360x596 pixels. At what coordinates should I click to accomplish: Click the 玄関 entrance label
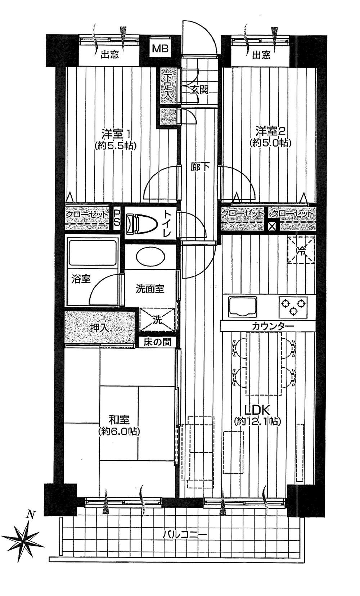[199, 89]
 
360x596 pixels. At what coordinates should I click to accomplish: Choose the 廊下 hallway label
[200, 167]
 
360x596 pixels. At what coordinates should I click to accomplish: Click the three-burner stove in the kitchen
[293, 307]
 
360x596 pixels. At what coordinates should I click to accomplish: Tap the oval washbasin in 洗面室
[151, 257]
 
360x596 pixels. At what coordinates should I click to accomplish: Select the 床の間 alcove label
[157, 342]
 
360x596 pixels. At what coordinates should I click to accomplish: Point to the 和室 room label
[119, 420]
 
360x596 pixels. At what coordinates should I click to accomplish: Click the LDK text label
[257, 410]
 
